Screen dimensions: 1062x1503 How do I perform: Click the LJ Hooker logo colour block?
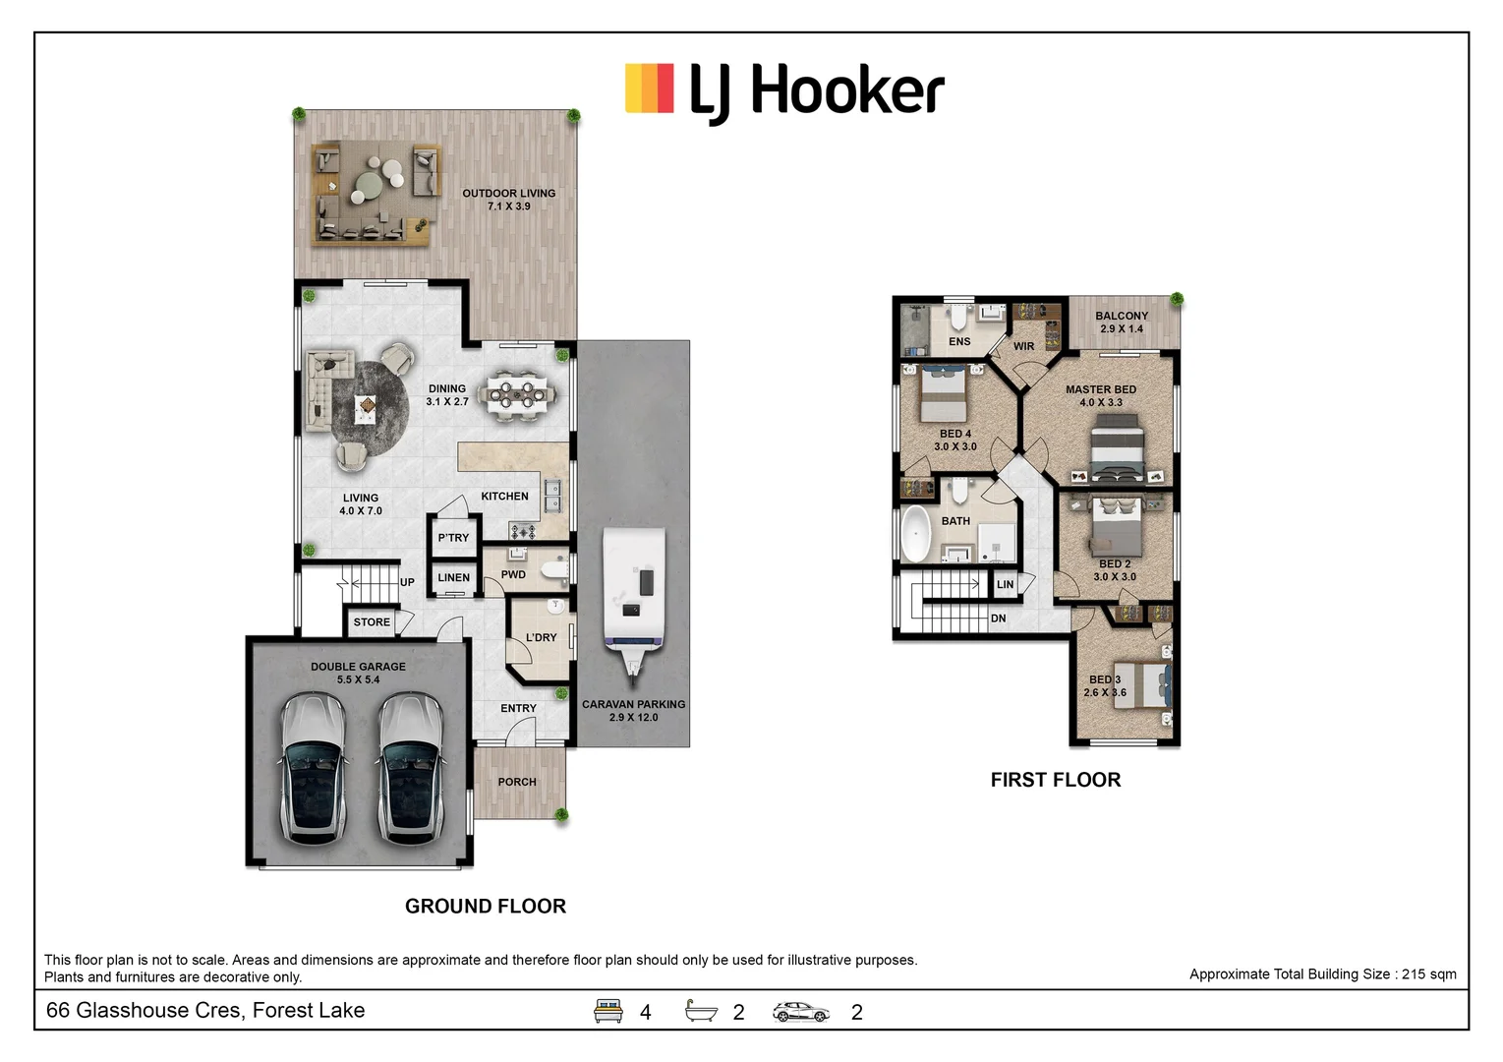[649, 88]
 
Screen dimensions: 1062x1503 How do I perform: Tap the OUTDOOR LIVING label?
[508, 194]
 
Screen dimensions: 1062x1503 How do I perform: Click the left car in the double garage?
[313, 769]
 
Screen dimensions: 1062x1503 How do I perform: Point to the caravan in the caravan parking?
[634, 596]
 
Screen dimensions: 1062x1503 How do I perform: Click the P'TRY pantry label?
[453, 538]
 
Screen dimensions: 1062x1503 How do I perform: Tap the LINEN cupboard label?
[453, 577]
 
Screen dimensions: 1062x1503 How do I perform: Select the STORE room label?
[372, 622]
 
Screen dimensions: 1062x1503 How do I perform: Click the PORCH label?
[517, 782]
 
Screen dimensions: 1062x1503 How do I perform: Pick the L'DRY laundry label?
[541, 637]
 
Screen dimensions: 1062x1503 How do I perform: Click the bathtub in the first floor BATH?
[916, 534]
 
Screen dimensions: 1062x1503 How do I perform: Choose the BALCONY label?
[1122, 316]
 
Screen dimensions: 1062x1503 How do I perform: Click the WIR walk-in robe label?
[1023, 346]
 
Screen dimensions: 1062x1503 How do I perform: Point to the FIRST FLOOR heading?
[1055, 780]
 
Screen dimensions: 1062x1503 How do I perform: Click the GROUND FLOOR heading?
[486, 906]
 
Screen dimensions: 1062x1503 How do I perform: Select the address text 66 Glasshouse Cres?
[205, 1010]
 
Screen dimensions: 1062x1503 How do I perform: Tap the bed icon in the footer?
[608, 1011]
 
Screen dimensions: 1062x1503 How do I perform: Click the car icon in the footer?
[801, 1011]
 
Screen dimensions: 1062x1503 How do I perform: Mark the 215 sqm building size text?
[1322, 974]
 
